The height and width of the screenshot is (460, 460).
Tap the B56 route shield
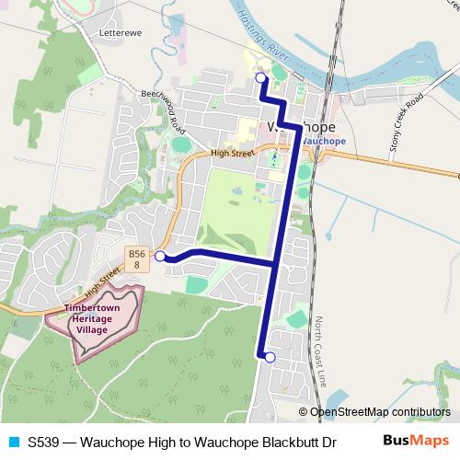[x=137, y=259]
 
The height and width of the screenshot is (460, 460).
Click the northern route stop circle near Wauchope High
[x=260, y=78]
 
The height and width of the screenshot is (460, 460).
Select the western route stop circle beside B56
[x=161, y=256]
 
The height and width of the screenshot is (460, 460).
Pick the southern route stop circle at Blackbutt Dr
[x=270, y=358]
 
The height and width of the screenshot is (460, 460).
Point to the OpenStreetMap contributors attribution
[x=379, y=412]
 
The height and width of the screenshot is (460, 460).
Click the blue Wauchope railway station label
[x=323, y=141]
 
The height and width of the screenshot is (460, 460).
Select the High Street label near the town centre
[x=230, y=155]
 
